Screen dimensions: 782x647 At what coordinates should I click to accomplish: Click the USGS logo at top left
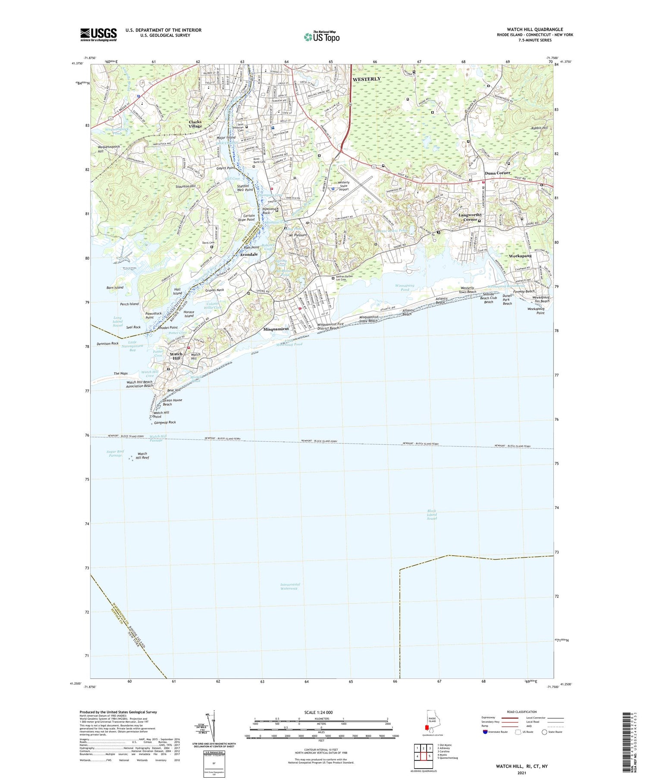(98, 35)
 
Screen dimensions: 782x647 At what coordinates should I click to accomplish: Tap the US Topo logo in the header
(322, 37)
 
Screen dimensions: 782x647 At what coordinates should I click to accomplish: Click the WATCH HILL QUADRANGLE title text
(534, 30)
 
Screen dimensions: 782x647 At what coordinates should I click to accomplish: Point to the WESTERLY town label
(367, 79)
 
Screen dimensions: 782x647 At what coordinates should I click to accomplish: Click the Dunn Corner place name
(497, 173)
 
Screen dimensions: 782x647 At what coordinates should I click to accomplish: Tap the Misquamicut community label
(276, 329)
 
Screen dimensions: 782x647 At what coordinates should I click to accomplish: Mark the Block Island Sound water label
(432, 515)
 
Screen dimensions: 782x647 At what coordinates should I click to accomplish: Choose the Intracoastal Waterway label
(290, 586)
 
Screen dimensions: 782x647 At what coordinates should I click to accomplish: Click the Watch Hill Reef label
(142, 455)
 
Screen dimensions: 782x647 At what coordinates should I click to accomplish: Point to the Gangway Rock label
(166, 422)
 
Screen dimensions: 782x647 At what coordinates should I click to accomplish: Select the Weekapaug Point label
(536, 311)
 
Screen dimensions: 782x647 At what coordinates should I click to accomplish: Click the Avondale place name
(248, 254)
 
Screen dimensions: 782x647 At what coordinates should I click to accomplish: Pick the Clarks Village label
(195, 124)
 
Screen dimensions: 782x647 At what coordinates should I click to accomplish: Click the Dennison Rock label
(108, 343)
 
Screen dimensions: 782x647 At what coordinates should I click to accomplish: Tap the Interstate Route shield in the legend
(485, 732)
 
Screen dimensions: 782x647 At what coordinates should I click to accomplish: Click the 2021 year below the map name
(521, 772)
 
